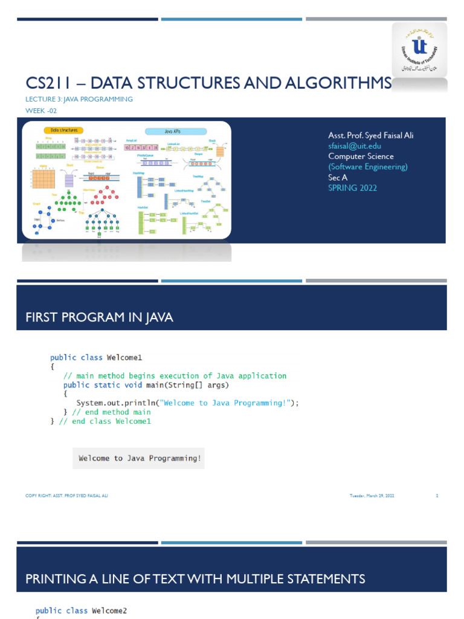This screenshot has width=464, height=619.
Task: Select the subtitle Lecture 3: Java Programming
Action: pyautogui.click(x=79, y=99)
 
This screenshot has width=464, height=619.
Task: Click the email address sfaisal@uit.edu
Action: pyautogui.click(x=355, y=146)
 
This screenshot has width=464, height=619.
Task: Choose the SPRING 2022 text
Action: pyautogui.click(x=352, y=188)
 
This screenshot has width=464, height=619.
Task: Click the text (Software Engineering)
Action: pyautogui.click(x=368, y=167)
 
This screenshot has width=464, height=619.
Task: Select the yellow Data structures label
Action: pyautogui.click(x=63, y=130)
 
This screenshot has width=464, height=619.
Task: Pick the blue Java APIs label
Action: pyautogui.click(x=176, y=131)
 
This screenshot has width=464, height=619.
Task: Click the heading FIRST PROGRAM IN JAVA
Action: pyautogui.click(x=99, y=318)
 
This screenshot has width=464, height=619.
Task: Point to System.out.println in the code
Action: pyautogui.click(x=108, y=403)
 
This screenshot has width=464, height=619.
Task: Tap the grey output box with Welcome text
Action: pyautogui.click(x=139, y=458)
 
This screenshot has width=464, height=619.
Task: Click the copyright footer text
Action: pyautogui.click(x=66, y=496)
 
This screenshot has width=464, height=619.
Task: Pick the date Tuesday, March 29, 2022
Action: pyautogui.click(x=372, y=496)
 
